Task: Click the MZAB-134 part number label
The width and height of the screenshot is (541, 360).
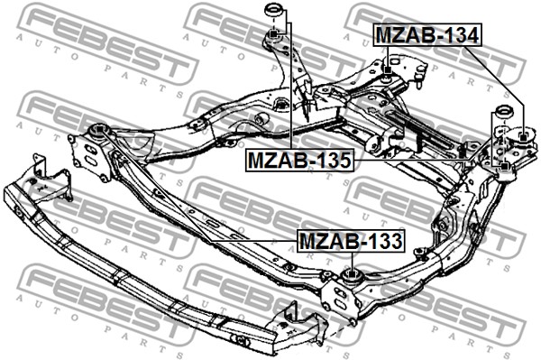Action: (x=427, y=35)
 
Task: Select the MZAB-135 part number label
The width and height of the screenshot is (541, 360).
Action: (x=299, y=160)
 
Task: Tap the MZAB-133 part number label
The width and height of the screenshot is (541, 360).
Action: (x=351, y=241)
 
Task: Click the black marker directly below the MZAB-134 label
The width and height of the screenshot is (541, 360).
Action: (x=388, y=70)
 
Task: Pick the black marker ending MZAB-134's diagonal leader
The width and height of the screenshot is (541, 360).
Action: (x=523, y=138)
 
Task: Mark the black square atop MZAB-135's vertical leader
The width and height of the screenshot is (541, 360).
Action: (x=272, y=33)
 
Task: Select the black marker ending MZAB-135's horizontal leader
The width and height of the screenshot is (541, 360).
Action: (x=504, y=166)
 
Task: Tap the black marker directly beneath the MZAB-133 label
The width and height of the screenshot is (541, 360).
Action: (x=351, y=274)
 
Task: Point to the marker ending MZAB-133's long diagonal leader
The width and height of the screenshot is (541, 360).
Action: (x=99, y=129)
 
